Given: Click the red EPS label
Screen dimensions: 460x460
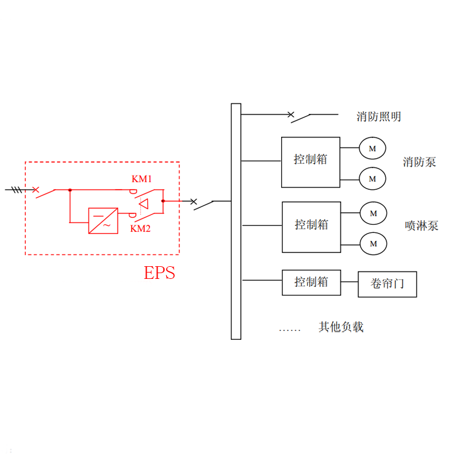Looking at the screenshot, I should (x=159, y=272).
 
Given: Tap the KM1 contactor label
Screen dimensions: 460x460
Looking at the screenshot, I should (x=141, y=179).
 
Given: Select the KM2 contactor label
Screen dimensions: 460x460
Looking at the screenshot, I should (x=141, y=228).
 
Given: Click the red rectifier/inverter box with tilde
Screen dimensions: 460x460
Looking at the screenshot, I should (x=103, y=220).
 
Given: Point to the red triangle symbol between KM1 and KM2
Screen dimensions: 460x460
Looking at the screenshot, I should (x=144, y=203).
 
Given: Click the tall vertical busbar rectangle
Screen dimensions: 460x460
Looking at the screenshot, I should (x=236, y=221).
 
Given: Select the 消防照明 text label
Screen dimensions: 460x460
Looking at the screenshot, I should (x=379, y=117).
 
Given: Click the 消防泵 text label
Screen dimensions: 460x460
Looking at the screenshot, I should (x=419, y=162).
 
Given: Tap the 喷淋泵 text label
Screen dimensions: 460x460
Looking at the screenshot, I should (x=421, y=225).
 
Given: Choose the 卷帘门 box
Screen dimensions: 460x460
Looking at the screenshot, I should (x=387, y=284).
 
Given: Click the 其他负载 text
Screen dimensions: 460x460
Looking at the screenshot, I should (x=341, y=327).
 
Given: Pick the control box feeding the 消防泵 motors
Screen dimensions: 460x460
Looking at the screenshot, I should (x=310, y=162).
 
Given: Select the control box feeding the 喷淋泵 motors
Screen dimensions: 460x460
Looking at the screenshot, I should (x=311, y=227).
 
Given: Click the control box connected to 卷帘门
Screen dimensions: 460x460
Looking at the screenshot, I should (x=311, y=282).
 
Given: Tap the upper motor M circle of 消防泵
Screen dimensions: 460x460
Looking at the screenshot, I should (x=372, y=148).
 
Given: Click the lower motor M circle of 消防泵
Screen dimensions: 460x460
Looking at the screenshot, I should (x=372, y=178).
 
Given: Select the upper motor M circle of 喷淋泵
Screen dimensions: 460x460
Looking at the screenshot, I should (x=373, y=213).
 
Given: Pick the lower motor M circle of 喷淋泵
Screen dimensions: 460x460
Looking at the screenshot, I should (x=373, y=243).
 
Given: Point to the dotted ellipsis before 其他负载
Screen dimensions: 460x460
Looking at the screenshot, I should (x=290, y=330).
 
